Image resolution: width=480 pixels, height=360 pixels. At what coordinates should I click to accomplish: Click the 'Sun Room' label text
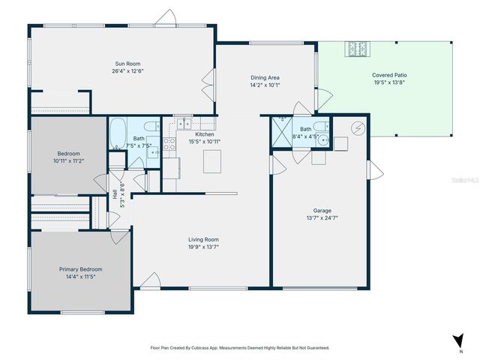pos(127,64)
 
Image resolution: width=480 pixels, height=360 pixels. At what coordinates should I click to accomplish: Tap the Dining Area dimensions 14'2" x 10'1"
pos(265,85)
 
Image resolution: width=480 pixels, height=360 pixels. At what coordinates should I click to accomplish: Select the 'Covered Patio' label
pos(390,75)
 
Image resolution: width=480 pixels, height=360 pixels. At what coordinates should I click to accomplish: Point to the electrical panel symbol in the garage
pos(358,128)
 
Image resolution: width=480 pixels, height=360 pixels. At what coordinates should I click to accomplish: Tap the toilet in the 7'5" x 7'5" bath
pos(151,126)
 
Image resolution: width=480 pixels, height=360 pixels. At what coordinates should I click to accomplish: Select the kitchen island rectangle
pos(213,159)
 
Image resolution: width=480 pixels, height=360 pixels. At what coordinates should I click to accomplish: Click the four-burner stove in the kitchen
pos(169,143)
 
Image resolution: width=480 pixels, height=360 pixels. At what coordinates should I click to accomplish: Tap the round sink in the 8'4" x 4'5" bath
pos(323,139)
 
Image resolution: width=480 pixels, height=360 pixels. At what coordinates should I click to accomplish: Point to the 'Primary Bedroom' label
pos(81,268)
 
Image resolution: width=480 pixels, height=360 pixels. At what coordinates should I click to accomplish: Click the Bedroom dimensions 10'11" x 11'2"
pos(68,160)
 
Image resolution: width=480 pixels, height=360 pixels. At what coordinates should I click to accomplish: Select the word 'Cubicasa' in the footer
pos(205,348)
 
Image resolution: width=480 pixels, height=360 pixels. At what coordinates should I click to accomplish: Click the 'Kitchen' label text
pos(205,134)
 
